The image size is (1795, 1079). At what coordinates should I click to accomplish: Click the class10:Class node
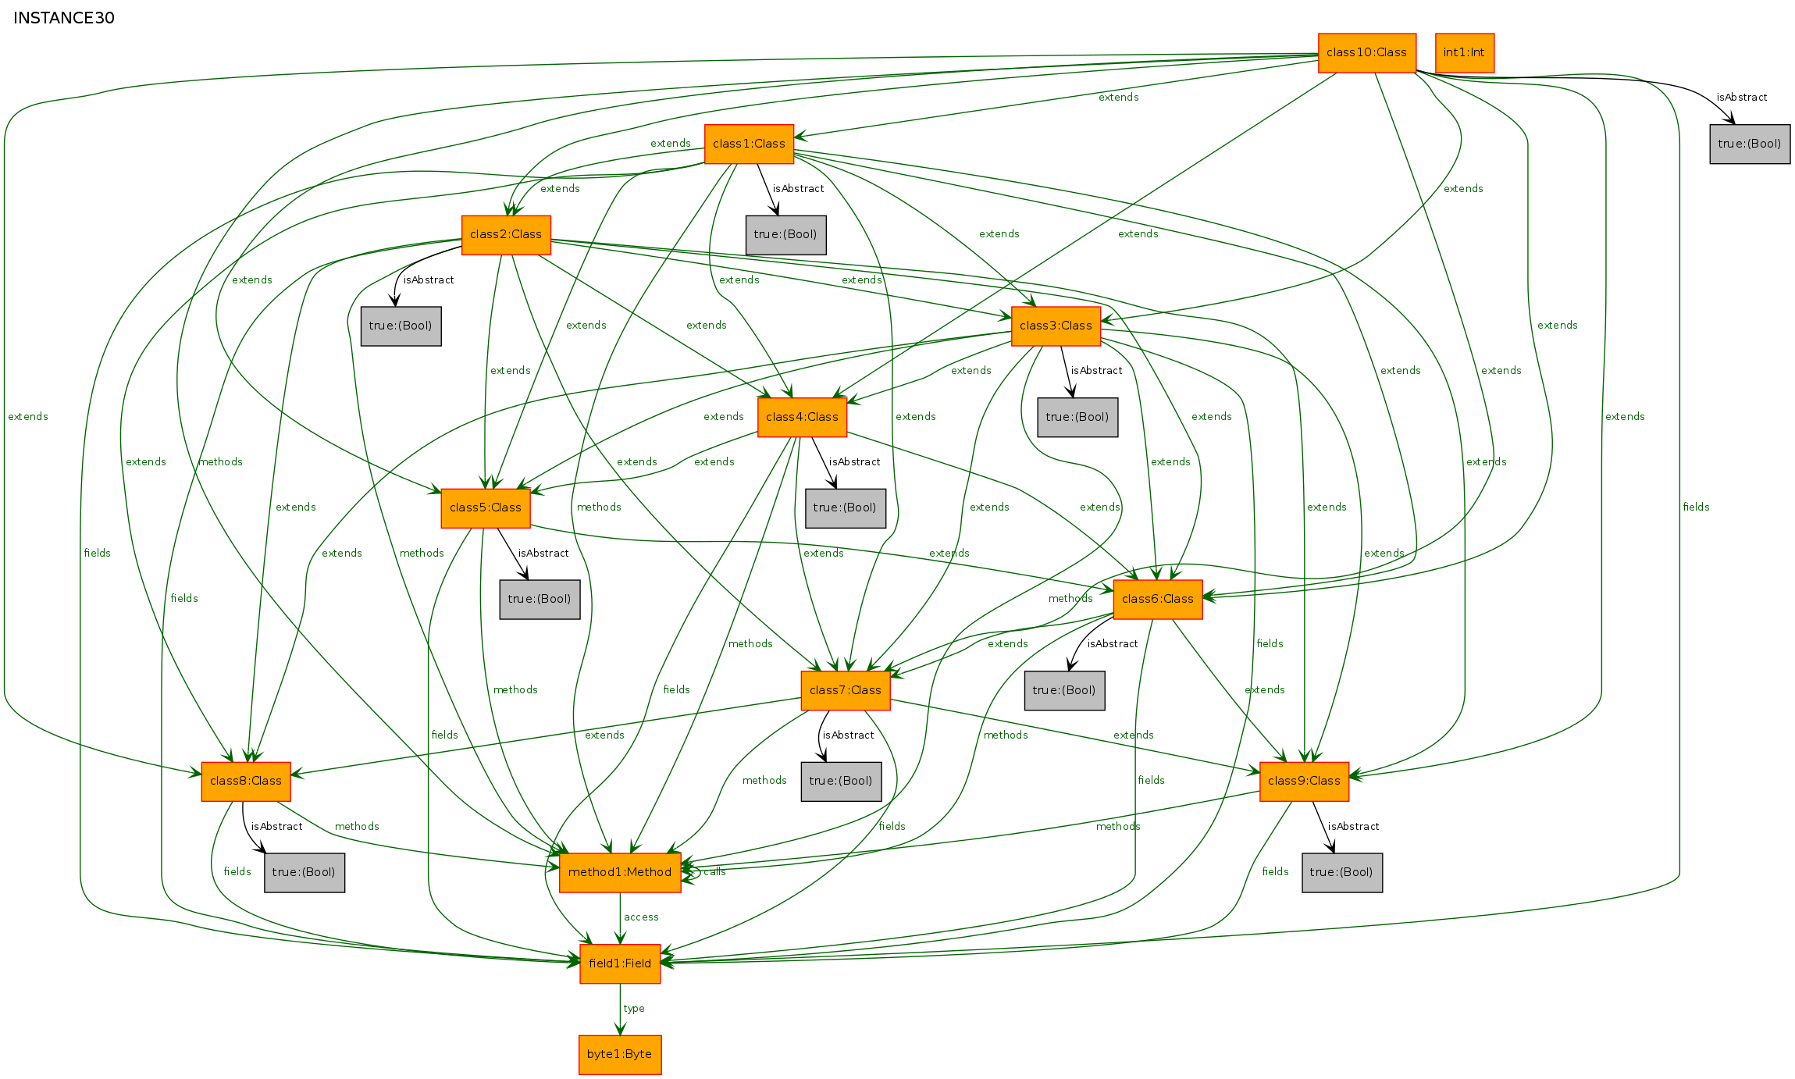1366,53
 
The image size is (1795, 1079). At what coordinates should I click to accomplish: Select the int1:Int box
1464,53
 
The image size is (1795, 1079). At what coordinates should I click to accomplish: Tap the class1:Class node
749,144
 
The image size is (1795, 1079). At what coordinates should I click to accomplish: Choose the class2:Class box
506,235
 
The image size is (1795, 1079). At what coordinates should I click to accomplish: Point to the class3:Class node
1056,326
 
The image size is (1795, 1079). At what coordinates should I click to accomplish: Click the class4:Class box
802,418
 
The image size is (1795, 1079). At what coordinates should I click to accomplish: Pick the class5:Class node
486,508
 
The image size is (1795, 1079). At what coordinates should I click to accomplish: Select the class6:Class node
1158,600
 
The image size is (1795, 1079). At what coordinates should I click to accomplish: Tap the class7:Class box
846,691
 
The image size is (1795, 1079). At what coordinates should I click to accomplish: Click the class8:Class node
246,782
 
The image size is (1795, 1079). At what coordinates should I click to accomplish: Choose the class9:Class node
1304,782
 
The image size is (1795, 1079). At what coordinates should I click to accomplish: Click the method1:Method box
620,873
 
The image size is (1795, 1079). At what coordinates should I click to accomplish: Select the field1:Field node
620,964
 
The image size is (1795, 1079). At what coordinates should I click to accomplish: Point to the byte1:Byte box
620,1055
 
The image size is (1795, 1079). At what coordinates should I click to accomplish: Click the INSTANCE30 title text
64,18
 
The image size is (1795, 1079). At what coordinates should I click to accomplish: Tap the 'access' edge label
641,917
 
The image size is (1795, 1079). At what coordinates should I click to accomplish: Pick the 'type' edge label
634,1009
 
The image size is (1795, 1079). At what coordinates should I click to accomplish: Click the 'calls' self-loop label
714,872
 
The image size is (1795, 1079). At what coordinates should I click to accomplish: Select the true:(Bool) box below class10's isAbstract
1750,144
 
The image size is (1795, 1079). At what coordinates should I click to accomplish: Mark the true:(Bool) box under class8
305,873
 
